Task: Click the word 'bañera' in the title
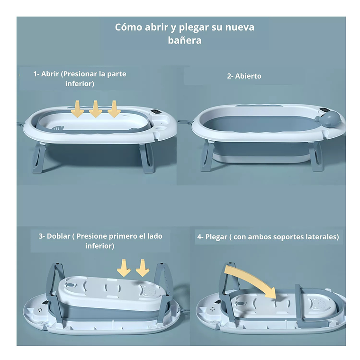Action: [184, 40]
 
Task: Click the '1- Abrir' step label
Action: [46, 74]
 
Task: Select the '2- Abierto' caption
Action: [244, 76]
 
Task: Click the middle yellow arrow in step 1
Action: [96, 109]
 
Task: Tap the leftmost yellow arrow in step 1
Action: [78, 109]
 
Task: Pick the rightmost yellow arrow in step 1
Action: [114, 109]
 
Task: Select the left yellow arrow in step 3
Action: [124, 268]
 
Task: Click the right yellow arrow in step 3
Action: [142, 268]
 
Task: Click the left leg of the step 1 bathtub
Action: [39, 158]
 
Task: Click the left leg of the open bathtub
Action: [207, 156]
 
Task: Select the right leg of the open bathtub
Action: [315, 156]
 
